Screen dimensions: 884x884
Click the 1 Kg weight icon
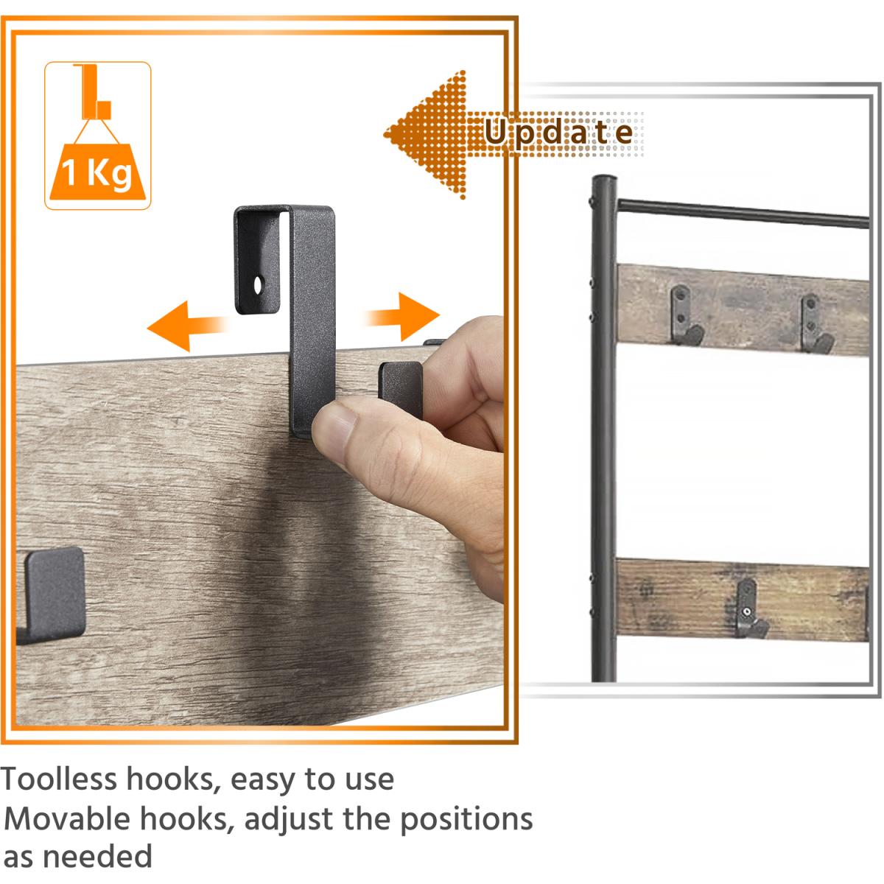coord(97,136)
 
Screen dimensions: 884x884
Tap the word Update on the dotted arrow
coord(558,133)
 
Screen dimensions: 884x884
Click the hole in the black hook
coord(258,284)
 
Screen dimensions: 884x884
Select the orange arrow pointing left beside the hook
coord(186,326)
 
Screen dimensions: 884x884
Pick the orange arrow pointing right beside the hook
coord(402,317)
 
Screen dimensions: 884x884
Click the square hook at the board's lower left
coord(52,594)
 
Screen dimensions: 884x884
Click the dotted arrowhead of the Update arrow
coord(425,134)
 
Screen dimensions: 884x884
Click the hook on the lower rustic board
coord(748,608)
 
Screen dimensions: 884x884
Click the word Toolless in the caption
coord(59,779)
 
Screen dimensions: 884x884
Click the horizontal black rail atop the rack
coord(743,214)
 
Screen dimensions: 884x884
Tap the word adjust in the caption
coord(288,820)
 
